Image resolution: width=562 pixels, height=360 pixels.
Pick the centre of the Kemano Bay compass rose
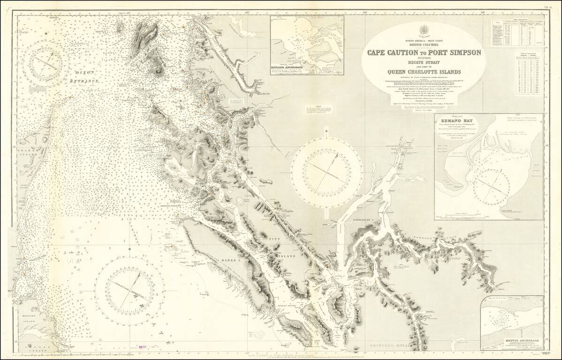pyautogui.click(x=491, y=186)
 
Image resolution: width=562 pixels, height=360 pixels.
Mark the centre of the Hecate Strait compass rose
pyautogui.click(x=129, y=286)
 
